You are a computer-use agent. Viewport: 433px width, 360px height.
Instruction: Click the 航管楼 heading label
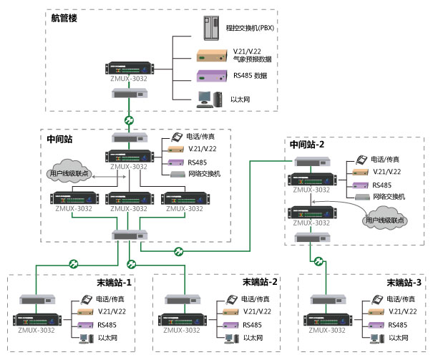click(x=64, y=17)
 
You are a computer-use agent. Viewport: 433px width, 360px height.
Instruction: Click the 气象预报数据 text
click(x=253, y=60)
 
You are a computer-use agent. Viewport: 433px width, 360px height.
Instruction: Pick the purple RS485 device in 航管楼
click(x=212, y=77)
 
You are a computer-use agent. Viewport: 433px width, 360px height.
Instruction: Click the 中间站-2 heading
click(x=307, y=144)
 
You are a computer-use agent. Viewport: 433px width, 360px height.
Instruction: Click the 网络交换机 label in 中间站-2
click(x=386, y=195)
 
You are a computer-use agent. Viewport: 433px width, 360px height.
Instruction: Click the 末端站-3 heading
click(x=402, y=282)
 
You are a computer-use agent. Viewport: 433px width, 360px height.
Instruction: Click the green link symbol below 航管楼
click(x=130, y=120)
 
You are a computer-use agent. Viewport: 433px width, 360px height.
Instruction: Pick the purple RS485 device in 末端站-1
click(x=84, y=325)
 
